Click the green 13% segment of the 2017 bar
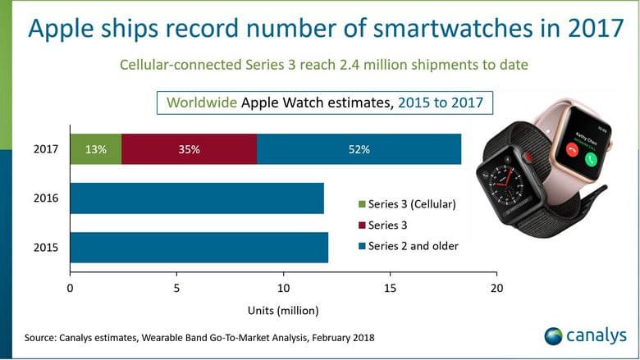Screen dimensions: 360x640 96,149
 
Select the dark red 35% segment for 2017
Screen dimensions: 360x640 189,149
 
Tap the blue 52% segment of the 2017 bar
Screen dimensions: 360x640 359,149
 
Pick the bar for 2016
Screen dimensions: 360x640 197,198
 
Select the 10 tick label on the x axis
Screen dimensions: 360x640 283,289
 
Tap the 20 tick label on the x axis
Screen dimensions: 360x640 496,289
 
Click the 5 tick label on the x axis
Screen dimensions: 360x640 176,289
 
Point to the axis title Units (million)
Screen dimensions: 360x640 282,311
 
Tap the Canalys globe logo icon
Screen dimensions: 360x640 553,336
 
